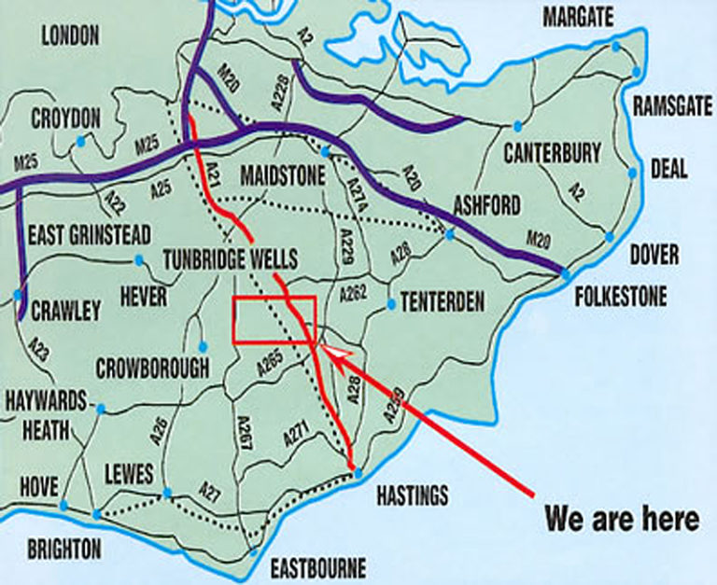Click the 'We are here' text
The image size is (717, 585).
point(621,518)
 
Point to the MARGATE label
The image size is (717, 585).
point(579,17)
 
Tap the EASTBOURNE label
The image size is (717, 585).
point(318,567)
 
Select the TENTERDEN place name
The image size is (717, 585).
point(443,301)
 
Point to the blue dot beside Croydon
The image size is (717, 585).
point(81,141)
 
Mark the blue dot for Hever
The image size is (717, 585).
point(140,259)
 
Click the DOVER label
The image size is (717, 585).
point(654,255)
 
